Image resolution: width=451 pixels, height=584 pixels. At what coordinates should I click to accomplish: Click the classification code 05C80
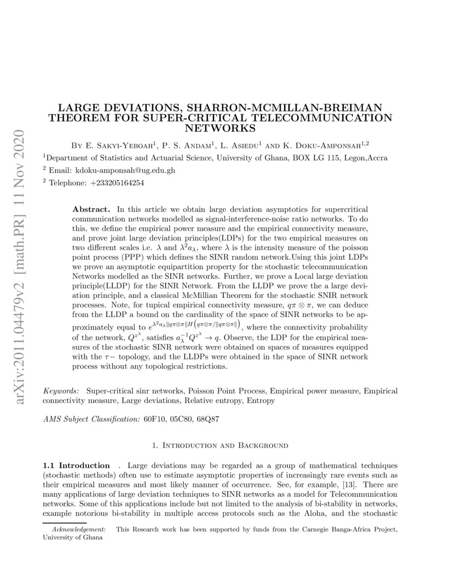click(181, 419)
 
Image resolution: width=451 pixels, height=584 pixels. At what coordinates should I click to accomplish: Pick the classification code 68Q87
click(207, 419)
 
